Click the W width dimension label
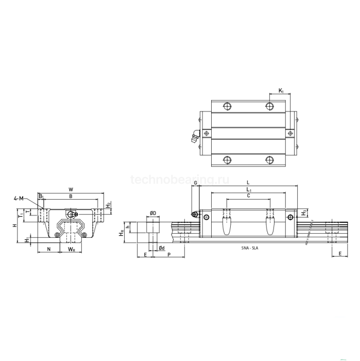[70, 189]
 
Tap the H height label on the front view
[15, 225]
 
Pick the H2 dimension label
[108, 205]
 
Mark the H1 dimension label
[27, 240]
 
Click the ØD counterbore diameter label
[153, 213]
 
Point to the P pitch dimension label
[169, 255]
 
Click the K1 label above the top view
[281, 91]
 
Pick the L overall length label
[248, 183]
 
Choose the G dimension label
[196, 183]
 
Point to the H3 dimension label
[304, 212]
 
